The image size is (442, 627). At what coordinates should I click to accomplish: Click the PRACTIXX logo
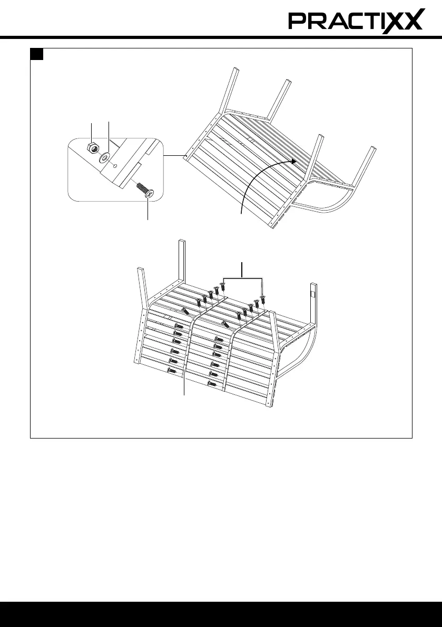pos(356,22)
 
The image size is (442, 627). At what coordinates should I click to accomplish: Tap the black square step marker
pos(36,54)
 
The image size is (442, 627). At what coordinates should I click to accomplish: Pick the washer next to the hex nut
pos(105,157)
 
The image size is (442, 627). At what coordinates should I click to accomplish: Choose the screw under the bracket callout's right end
pos(262,300)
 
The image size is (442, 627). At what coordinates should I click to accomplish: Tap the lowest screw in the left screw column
pos(170,371)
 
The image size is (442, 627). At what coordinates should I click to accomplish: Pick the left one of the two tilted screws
pos(185,311)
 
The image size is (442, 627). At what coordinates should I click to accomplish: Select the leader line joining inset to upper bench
pos(172,156)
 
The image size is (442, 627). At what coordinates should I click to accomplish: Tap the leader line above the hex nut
pos(92,132)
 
